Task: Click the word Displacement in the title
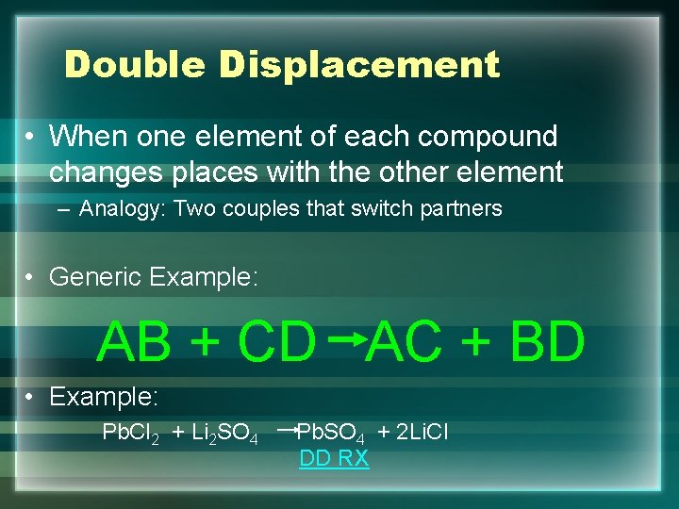pyautogui.click(x=359, y=65)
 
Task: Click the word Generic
pyautogui.click(x=95, y=277)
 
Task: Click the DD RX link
pyautogui.click(x=334, y=459)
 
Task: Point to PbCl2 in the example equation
pyautogui.click(x=130, y=433)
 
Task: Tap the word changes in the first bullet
pyautogui.click(x=100, y=172)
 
